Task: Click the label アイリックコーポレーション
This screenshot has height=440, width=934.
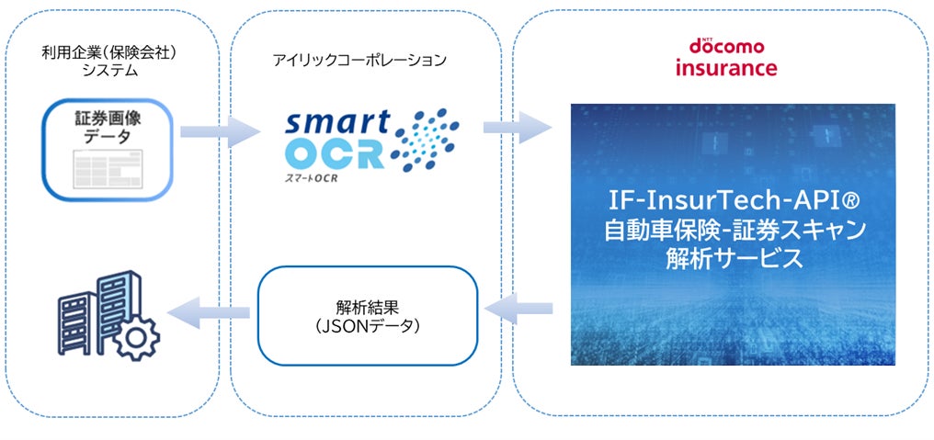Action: pos(359,61)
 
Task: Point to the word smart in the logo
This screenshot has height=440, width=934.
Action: pos(337,124)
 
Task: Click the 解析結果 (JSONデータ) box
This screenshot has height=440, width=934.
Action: pos(368,314)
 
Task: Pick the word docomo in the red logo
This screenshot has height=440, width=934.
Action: pos(728,48)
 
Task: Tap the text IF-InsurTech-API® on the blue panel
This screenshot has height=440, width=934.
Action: pos(733,198)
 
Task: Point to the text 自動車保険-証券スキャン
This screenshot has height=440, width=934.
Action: pos(733,229)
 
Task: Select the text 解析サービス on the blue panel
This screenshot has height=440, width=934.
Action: pos(733,259)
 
